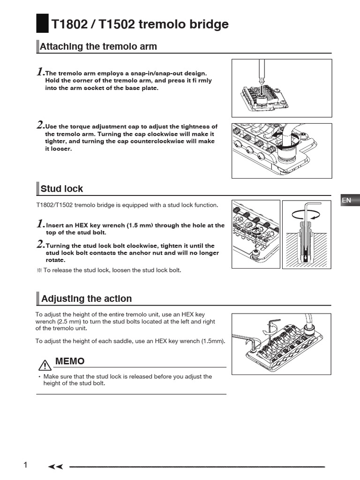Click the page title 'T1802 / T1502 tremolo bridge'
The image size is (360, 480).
pos(140,24)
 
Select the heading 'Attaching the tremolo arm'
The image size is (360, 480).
pos(98,46)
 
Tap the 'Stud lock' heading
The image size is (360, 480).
pos(61,189)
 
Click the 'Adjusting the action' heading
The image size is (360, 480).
pos(86,299)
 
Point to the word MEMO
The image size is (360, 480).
pos(70,361)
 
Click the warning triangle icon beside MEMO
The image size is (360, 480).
pos(45,364)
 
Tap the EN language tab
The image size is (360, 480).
pos(347,200)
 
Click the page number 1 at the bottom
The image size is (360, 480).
pos(26,465)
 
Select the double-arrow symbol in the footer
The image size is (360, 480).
pos(56,467)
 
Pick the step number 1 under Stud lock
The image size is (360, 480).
pos(41,224)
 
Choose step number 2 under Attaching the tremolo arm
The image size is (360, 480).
pos(40,126)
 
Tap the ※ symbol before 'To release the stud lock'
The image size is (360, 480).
pos(39,270)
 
